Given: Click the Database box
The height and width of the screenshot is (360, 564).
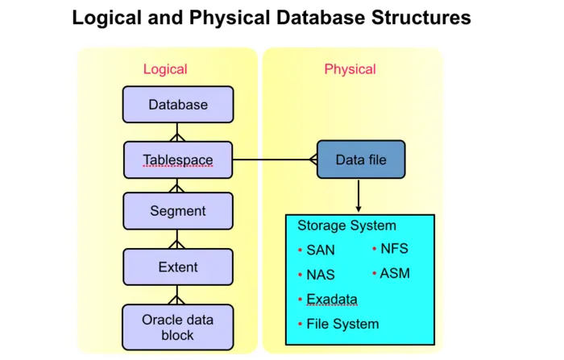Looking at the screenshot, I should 178,105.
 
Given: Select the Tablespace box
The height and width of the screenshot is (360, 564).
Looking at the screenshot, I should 178,159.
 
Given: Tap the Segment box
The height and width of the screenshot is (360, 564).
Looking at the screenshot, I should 178,211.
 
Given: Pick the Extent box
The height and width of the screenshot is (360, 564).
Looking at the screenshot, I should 178,267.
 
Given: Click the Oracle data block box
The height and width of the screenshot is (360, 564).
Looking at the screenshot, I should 178,326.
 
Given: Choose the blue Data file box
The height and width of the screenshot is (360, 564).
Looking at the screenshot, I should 361,159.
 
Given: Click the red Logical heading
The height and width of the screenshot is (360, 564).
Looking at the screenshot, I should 165,69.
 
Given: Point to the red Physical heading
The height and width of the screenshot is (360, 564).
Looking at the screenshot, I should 350,69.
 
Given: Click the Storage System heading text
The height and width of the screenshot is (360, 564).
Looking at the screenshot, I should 346,226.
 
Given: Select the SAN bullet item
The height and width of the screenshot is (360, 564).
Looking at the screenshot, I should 320,250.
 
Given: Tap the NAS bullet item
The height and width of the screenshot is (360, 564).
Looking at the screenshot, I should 320,275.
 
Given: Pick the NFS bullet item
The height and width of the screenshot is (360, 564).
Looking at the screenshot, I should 394,249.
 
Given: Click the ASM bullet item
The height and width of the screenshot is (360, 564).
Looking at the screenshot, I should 394,273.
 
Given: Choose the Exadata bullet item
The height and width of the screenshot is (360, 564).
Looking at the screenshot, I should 331,300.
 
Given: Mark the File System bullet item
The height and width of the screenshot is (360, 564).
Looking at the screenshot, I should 342,324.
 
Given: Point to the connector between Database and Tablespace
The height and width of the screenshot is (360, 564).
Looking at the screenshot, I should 178,132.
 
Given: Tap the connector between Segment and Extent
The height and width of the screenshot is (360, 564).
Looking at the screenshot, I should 178,239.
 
